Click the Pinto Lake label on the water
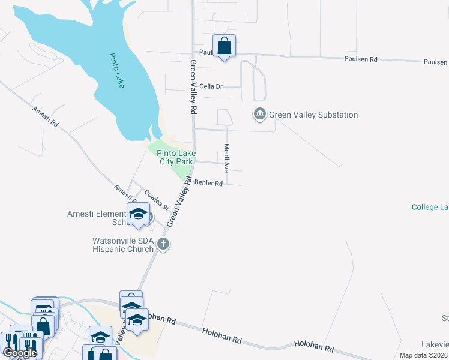[x=117, y=71]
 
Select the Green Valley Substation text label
[x=313, y=115]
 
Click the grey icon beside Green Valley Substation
[x=260, y=114]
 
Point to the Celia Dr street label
[x=211, y=86]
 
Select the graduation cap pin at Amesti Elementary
[x=138, y=214]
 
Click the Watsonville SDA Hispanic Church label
[x=123, y=245]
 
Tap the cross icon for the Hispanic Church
[x=164, y=244]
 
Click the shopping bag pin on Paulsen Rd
[x=224, y=46]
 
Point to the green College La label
[x=430, y=207]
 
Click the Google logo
[x=19, y=353]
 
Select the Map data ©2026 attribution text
[x=424, y=355]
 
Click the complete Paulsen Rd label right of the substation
[x=361, y=59]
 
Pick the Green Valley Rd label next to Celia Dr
[x=194, y=88]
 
